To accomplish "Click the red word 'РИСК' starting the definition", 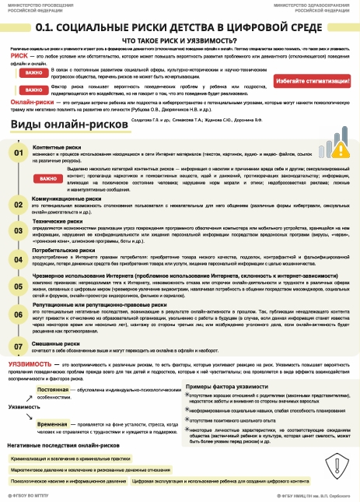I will (x=21, y=56).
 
